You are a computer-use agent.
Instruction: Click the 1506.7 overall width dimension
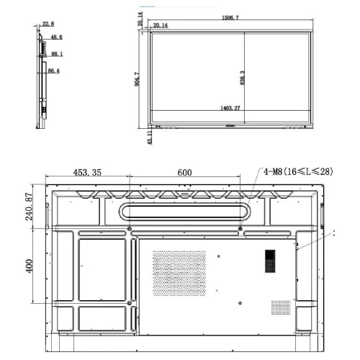[230, 17]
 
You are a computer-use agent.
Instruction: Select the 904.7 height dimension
[137, 79]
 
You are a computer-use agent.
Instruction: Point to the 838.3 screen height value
[242, 78]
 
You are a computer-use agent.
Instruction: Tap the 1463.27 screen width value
[230, 108]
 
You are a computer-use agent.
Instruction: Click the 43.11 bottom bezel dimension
[150, 138]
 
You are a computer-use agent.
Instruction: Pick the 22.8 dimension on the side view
[48, 24]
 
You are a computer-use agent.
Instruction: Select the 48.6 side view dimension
[57, 37]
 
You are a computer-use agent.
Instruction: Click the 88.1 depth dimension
[57, 54]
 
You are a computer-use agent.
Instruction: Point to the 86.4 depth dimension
[54, 71]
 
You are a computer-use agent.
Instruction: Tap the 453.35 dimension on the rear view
[87, 172]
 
